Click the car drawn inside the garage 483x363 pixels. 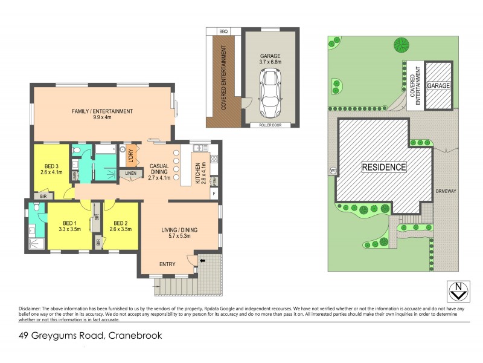coord(270,93)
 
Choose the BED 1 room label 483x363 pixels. coord(70,226)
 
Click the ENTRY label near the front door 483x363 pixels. coord(167,264)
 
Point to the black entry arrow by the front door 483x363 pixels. coord(202,260)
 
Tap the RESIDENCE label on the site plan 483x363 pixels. coord(384,166)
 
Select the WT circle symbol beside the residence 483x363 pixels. coord(333,170)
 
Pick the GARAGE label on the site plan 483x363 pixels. coord(439,87)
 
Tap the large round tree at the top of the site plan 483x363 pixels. coord(400,44)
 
